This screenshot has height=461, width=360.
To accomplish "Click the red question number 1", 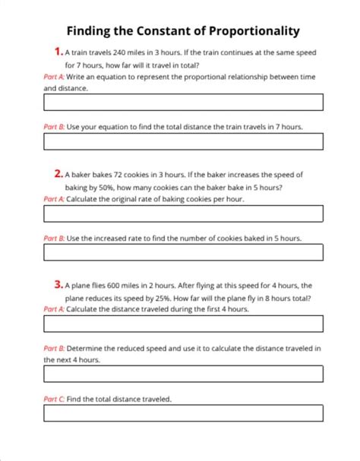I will (x=58, y=52).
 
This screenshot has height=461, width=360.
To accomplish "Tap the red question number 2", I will (x=58, y=173).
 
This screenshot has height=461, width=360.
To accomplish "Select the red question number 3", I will (x=58, y=285).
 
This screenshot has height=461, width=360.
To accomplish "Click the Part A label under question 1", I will (x=54, y=77).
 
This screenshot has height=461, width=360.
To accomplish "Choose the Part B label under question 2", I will (x=54, y=238).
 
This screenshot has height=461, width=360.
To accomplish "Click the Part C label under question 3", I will (x=54, y=399).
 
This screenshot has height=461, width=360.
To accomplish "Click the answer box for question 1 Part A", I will (x=184, y=102).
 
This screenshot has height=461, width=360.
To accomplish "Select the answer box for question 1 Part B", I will (x=184, y=141).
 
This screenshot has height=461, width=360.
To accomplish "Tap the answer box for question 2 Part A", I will (x=184, y=213).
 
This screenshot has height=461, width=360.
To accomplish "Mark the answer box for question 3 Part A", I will (x=184, y=324).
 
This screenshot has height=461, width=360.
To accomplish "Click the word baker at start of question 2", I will (x=83, y=175).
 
